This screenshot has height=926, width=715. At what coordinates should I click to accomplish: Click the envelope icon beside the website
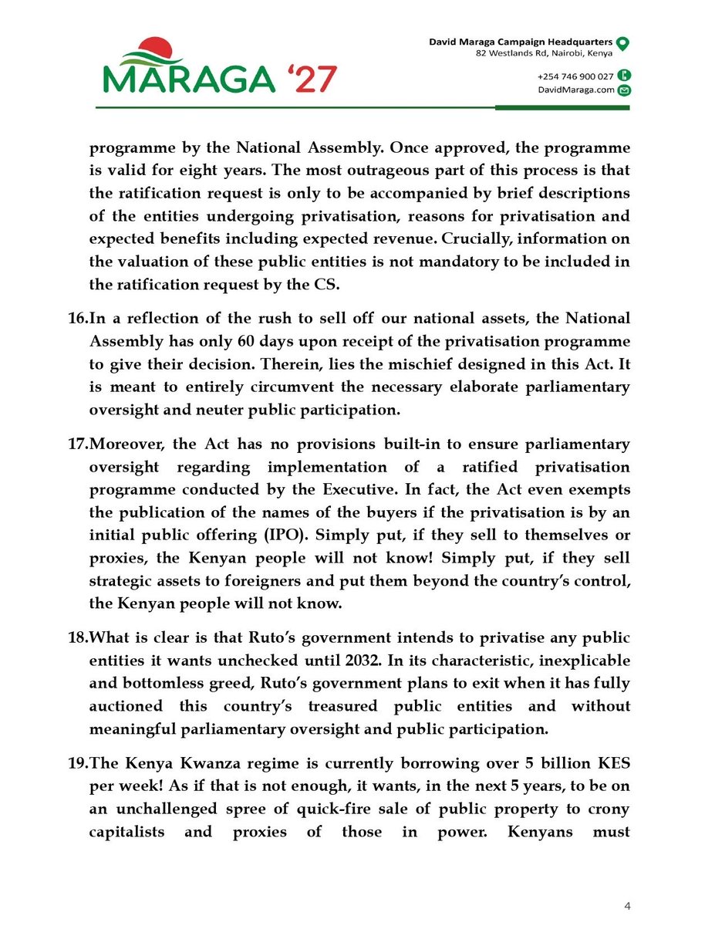(x=625, y=90)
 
